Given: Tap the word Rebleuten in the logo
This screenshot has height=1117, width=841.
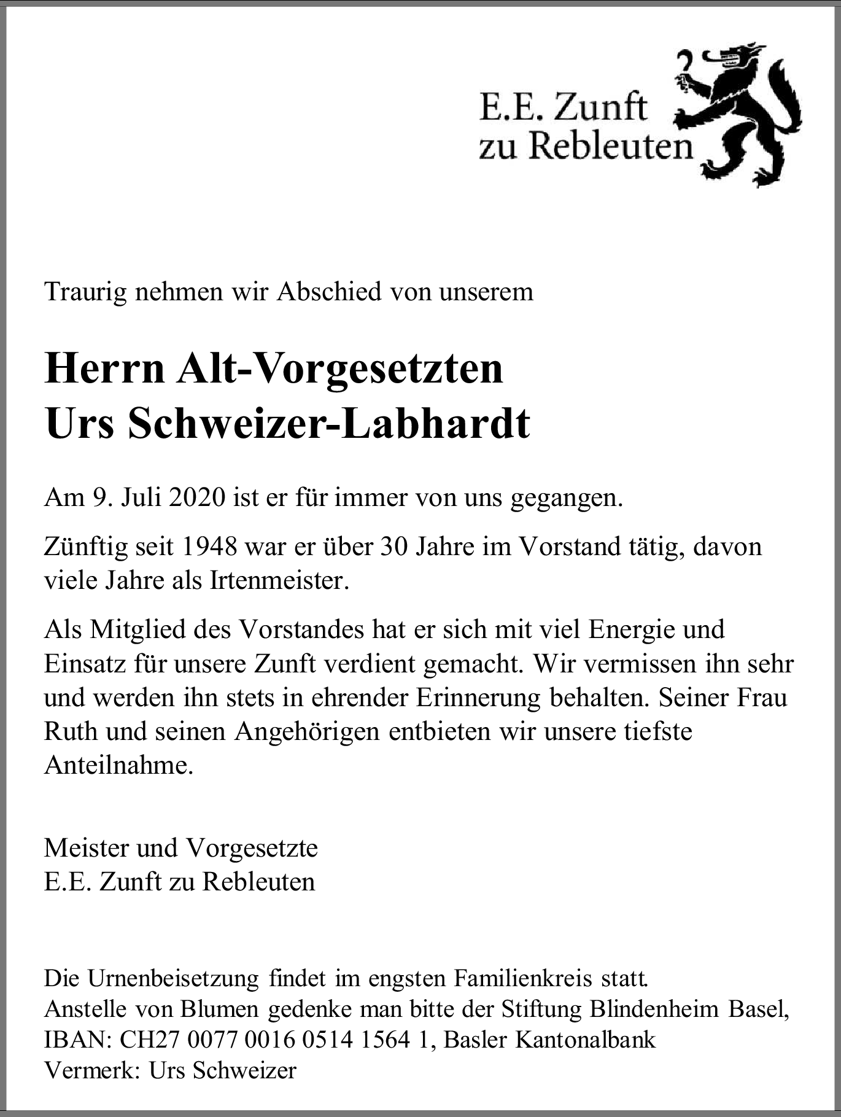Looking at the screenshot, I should [x=610, y=146].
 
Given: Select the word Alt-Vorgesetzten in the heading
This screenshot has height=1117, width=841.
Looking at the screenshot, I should [x=339, y=369].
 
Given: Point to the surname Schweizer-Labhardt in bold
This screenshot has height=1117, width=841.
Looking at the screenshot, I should [x=328, y=424].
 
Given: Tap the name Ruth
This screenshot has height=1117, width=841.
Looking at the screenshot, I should [x=71, y=732].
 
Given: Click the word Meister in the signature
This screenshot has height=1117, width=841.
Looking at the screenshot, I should [x=86, y=848].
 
